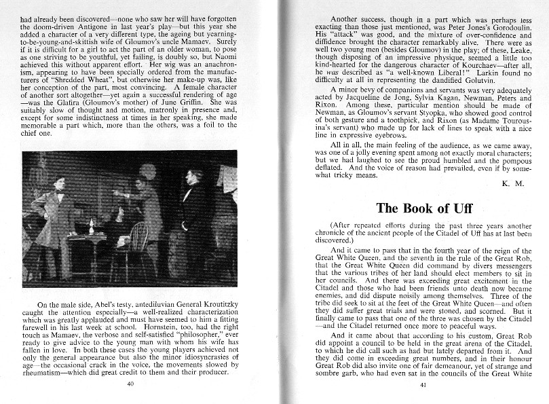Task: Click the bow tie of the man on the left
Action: (60, 194)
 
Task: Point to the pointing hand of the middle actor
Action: (117, 192)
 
